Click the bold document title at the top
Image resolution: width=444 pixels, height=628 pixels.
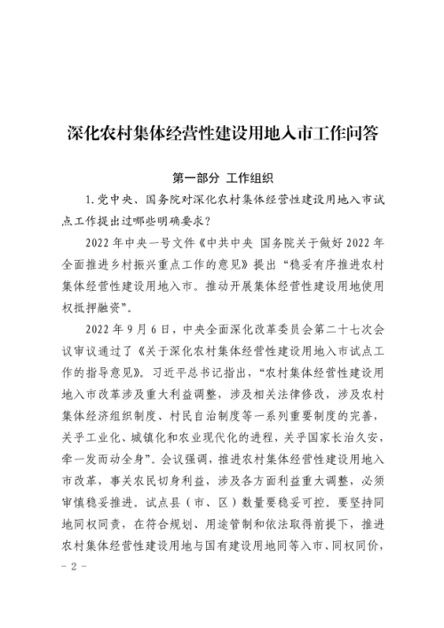(222, 132)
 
